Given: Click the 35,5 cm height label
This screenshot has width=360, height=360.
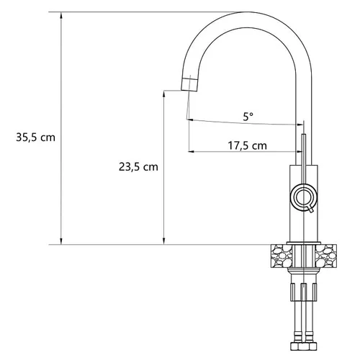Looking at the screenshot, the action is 35,138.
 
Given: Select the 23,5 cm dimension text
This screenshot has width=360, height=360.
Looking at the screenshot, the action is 138,167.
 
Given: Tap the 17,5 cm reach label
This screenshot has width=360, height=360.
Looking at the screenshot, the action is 247,145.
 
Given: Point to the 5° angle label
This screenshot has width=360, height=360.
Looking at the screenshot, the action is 248,117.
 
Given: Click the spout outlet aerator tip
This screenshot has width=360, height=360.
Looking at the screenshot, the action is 189,85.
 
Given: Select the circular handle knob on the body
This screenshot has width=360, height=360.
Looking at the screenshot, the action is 304,197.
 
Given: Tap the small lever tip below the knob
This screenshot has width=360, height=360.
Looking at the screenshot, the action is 311,210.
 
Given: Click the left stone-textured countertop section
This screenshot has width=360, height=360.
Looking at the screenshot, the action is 282,256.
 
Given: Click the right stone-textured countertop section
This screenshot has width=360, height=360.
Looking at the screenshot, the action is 326,256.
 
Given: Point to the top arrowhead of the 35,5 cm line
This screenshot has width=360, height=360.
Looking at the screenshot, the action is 61,15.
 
